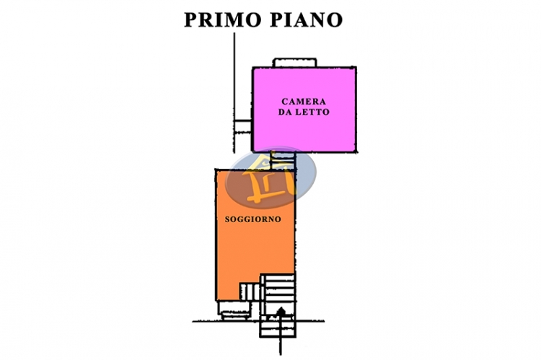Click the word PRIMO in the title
223,19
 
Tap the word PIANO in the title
307,19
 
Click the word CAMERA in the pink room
304,102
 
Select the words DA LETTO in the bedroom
304,112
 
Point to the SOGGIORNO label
253,219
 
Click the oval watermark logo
270,177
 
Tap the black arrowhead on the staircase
281,311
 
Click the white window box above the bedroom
294,63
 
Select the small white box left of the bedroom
242,127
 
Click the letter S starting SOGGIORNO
227,219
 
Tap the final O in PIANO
335,19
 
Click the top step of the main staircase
279,277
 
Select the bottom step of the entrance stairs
278,334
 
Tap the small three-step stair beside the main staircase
250,291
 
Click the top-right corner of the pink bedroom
356,68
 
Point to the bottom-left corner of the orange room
216,300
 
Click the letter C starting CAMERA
285,102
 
